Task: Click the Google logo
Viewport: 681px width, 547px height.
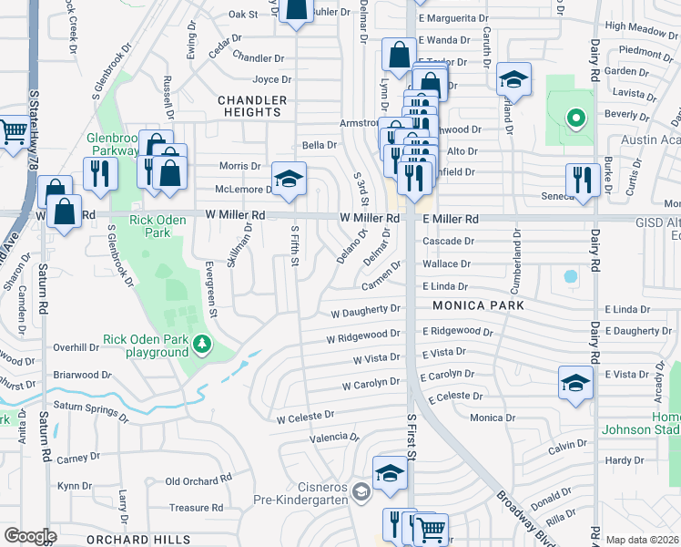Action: click(x=31, y=536)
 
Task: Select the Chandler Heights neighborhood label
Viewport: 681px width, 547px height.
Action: click(x=252, y=106)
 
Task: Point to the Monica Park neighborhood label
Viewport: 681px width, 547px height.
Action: click(x=478, y=305)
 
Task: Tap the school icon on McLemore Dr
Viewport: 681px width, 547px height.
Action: click(x=289, y=181)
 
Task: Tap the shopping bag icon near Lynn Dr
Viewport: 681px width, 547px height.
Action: click(x=399, y=56)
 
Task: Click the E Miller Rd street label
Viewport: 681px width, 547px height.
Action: click(x=450, y=219)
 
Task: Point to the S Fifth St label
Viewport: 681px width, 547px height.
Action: click(x=294, y=247)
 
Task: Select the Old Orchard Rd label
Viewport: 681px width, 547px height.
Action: click(x=198, y=480)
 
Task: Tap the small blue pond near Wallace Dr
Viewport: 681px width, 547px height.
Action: click(x=571, y=275)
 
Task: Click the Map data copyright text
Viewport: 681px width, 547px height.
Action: click(x=643, y=540)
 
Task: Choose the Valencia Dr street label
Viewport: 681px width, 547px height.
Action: click(x=329, y=439)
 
